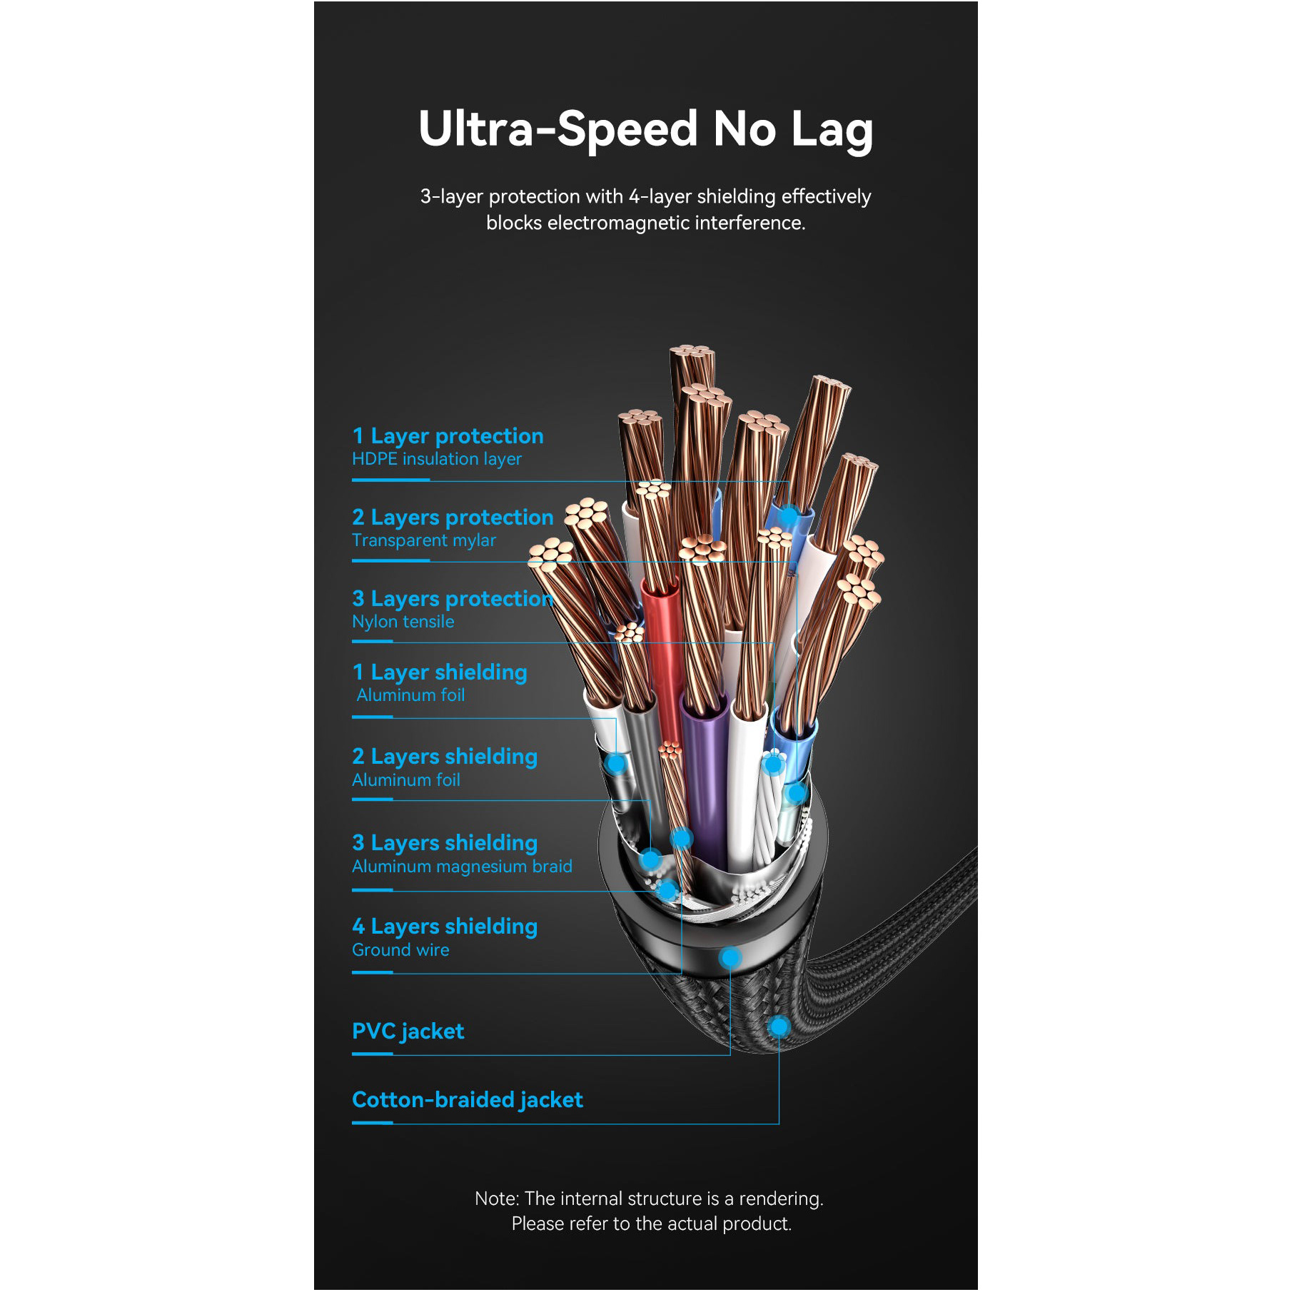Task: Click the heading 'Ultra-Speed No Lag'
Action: (645, 130)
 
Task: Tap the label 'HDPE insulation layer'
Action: (437, 459)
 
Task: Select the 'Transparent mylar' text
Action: (424, 540)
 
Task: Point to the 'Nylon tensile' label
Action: (403, 622)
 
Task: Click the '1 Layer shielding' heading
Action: (440, 672)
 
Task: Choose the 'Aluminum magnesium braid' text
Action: (462, 867)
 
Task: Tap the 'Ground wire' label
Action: (400, 950)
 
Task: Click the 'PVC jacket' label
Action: (408, 1031)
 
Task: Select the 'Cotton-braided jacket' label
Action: (468, 1100)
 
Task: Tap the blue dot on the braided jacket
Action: (779, 1027)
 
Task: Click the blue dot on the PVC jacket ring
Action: (730, 957)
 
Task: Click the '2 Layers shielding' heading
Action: (445, 757)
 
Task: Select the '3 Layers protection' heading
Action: (453, 599)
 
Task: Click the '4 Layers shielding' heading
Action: (445, 927)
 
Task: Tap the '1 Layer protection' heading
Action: (448, 436)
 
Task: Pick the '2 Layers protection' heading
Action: (453, 518)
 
